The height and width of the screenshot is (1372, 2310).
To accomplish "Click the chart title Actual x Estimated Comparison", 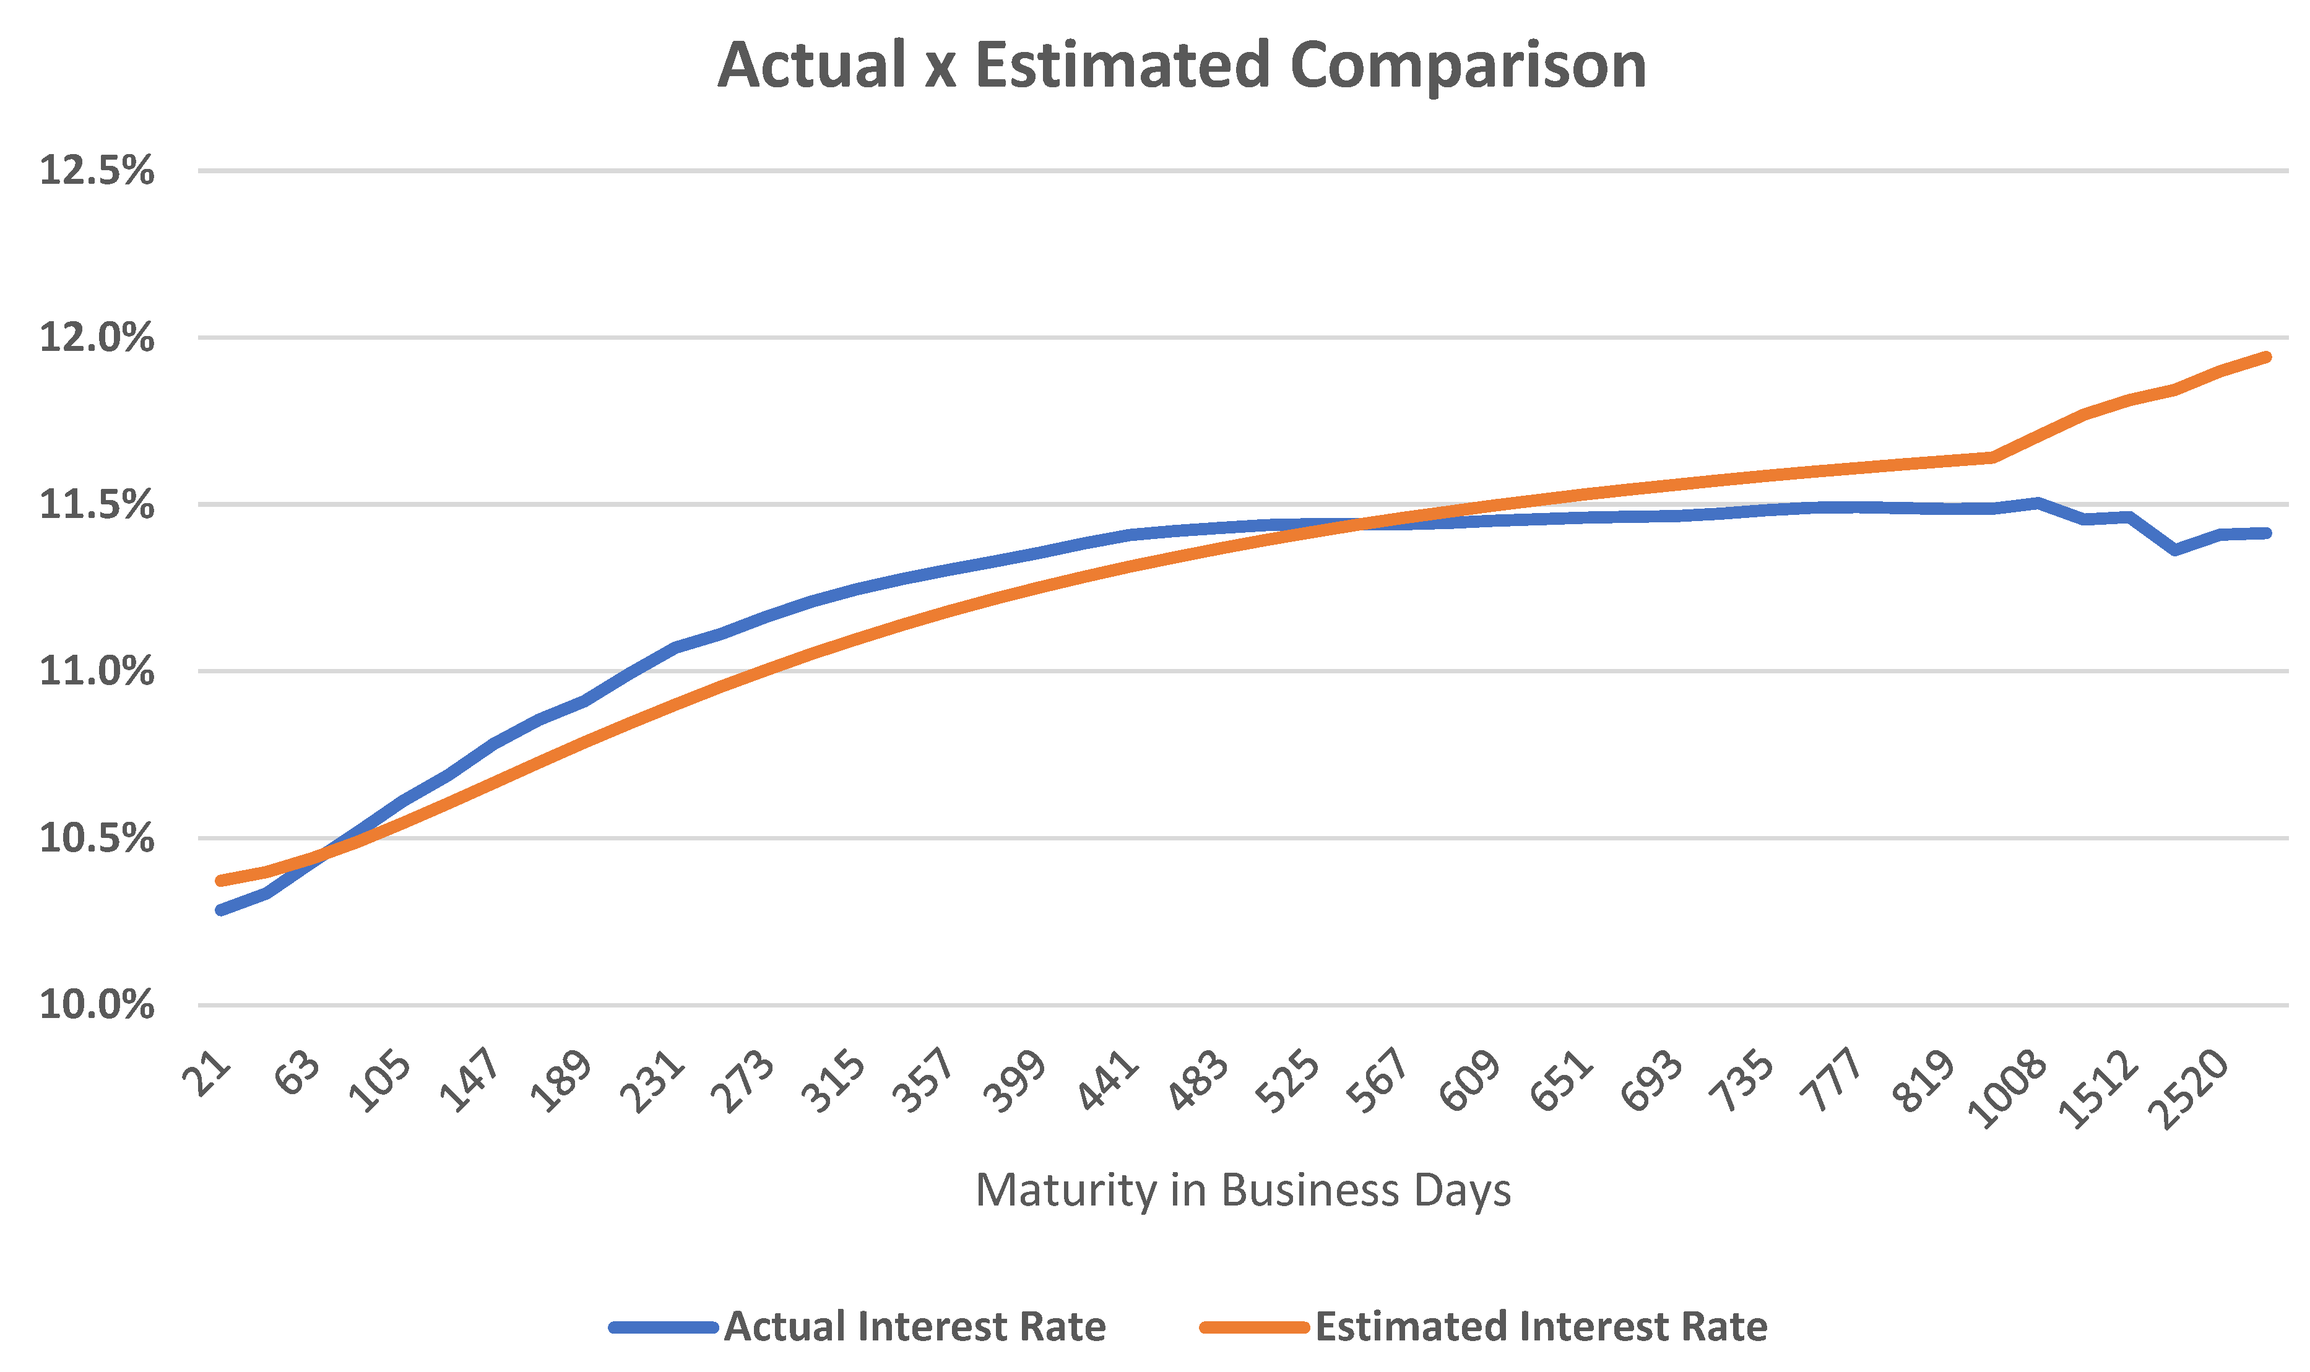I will pos(1181,67).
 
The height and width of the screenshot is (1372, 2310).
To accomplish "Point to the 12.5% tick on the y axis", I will pos(96,171).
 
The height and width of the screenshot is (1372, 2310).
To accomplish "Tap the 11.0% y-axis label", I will pos(96,671).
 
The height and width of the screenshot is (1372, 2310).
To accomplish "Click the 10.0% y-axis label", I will pos(96,1005).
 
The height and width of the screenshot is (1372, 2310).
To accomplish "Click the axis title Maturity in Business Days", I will pos(1243,1191).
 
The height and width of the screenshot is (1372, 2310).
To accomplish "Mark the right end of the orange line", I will pos(2267,357).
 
